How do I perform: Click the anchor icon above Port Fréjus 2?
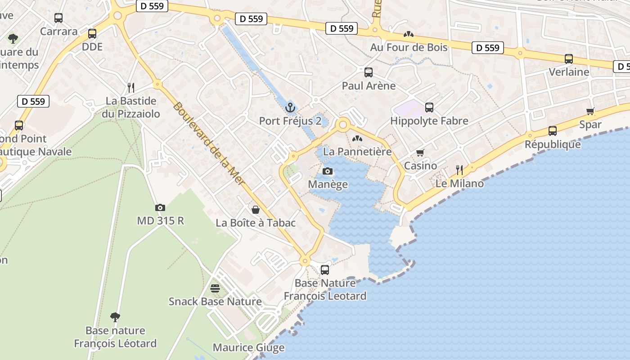290,108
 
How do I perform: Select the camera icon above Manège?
328,171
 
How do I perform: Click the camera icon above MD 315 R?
160,207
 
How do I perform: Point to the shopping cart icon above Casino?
420,153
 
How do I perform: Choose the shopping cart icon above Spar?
590,111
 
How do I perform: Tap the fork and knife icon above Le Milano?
459,170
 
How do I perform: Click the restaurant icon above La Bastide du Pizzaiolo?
131,87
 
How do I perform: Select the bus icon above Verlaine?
569,58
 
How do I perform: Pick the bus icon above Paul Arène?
369,72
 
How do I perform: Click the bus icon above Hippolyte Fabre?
429,108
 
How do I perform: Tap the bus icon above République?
553,131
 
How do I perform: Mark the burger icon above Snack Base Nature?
215,288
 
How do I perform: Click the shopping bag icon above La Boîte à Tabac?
256,210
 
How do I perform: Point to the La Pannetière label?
357,152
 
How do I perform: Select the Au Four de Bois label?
409,47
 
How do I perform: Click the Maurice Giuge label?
248,347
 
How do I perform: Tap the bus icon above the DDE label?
92,33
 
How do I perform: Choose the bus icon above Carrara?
58,18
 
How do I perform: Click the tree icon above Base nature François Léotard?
115,317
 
